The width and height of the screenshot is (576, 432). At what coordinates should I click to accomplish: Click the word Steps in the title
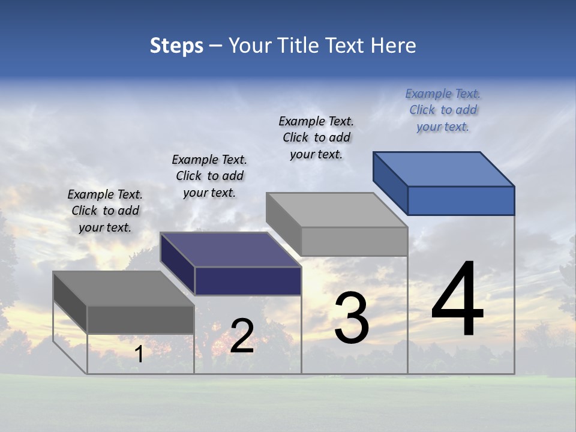pyautogui.click(x=176, y=46)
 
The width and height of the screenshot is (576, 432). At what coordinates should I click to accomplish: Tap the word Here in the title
pyautogui.click(x=393, y=46)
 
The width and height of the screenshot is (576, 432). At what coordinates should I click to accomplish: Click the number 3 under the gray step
pyautogui.click(x=351, y=318)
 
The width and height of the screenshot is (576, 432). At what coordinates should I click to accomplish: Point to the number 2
pyautogui.click(x=242, y=336)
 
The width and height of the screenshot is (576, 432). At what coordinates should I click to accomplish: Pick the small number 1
pyautogui.click(x=139, y=355)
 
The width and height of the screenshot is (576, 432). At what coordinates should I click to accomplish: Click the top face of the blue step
pyautogui.click(x=444, y=169)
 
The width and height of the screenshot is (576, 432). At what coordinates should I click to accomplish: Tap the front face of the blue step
pyautogui.click(x=461, y=200)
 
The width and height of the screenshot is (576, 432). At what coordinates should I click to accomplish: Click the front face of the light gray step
pyautogui.click(x=354, y=241)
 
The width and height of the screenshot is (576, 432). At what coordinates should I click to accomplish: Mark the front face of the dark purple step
pyautogui.click(x=248, y=281)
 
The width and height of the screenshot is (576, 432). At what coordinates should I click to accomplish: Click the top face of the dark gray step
pyautogui.click(x=124, y=289)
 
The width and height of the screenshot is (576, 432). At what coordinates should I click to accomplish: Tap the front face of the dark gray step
pyautogui.click(x=140, y=319)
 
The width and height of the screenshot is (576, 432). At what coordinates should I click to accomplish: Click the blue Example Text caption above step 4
pyautogui.click(x=443, y=110)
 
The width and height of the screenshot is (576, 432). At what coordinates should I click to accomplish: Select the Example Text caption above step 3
pyautogui.click(x=316, y=138)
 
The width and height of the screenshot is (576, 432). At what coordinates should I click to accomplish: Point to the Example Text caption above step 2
pyautogui.click(x=209, y=176)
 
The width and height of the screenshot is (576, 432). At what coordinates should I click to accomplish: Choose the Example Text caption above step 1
pyautogui.click(x=105, y=211)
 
